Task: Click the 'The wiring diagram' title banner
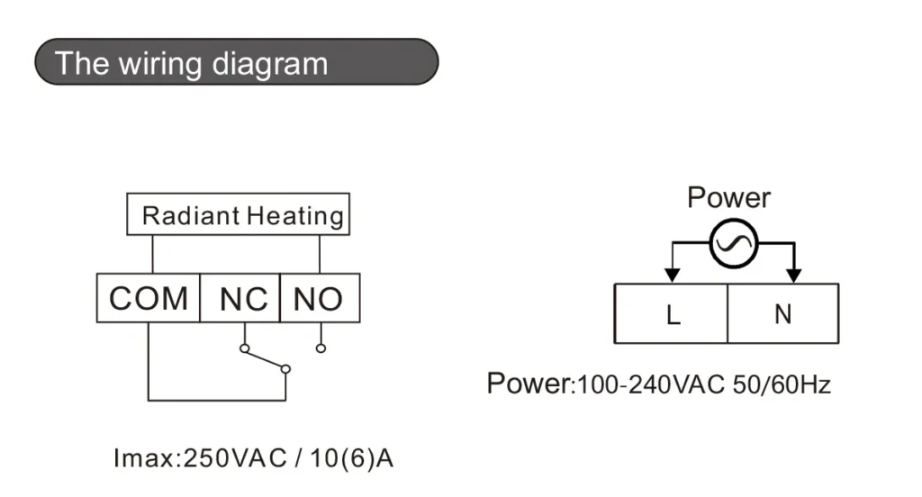point(236,62)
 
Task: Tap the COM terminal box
point(148,298)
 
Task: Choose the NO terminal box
point(320,298)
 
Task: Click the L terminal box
point(671,314)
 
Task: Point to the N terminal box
point(782,314)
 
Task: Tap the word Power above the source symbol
point(728,197)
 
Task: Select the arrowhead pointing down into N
point(793,273)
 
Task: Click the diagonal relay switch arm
point(264,357)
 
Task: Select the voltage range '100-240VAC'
point(650,385)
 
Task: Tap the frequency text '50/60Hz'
point(782,385)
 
